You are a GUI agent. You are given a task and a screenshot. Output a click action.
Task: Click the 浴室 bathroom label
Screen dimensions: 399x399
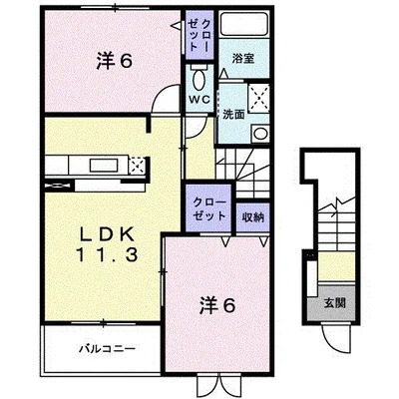[x=242, y=58]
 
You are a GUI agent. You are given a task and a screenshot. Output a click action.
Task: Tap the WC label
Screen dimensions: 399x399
[x=199, y=100]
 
